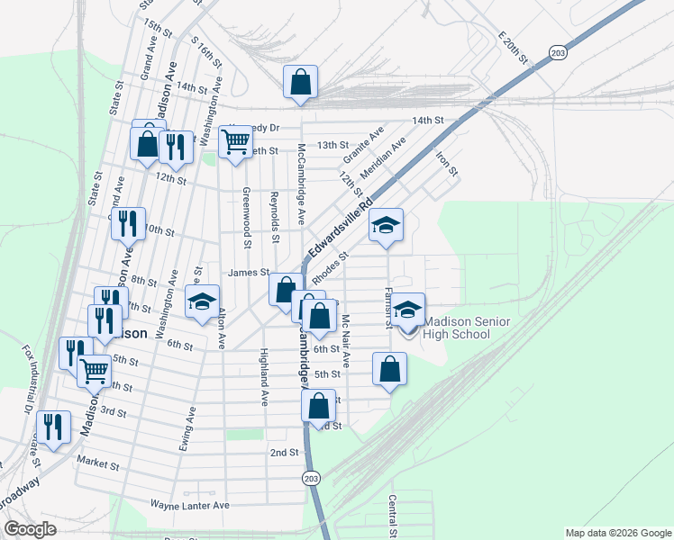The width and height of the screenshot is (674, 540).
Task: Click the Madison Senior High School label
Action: coord(457,328)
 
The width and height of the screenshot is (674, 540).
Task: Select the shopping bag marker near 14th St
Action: coord(301,82)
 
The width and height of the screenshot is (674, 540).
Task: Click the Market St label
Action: coord(97,465)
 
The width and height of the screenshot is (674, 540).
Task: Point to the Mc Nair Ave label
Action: coord(345,337)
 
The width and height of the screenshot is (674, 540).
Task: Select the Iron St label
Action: coord(447,163)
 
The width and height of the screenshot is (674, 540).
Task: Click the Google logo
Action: coord(30,529)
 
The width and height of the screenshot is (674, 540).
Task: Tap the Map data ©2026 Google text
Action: coord(617,532)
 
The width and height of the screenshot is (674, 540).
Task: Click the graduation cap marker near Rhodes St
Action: coord(386,227)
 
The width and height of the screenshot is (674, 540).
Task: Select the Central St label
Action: coord(393,517)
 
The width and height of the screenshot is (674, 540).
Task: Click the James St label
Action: coord(249,272)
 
